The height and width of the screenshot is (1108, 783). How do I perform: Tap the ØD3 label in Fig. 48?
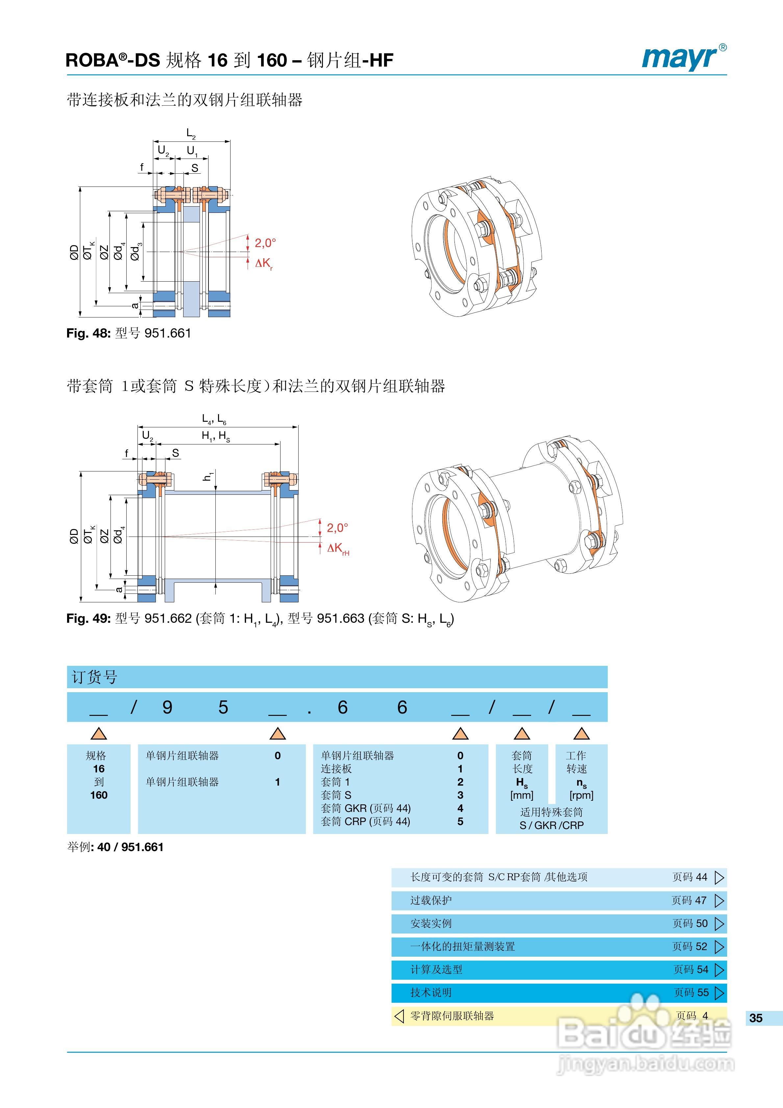click(136, 251)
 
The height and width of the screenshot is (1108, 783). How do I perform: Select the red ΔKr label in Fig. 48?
click(264, 264)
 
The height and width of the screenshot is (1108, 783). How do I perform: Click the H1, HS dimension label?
click(216, 436)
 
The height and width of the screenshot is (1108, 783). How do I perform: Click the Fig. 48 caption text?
click(129, 334)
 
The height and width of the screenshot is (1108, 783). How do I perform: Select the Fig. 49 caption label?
click(259, 619)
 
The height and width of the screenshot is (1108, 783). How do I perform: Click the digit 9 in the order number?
click(167, 707)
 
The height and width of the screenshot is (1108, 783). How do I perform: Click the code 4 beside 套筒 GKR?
click(460, 808)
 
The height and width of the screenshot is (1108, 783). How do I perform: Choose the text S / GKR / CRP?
click(551, 825)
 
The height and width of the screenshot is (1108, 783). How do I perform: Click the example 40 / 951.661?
click(130, 847)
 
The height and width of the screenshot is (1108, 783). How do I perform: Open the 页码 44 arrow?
click(719, 877)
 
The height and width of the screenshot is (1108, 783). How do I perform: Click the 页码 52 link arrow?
click(719, 947)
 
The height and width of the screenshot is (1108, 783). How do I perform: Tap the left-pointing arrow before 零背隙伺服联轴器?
click(399, 1016)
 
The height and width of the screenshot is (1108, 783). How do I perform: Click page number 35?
click(755, 1018)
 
